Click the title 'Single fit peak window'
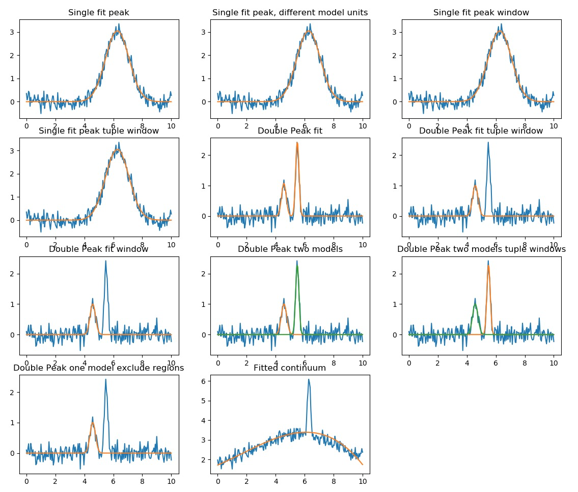481,13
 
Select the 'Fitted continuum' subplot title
290,368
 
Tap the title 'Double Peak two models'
290,249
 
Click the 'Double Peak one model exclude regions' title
99,368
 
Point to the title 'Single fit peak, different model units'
290,13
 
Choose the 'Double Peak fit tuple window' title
481,131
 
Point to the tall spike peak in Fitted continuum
309,380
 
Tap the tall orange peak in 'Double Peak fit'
297,143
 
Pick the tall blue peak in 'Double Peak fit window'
105,262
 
